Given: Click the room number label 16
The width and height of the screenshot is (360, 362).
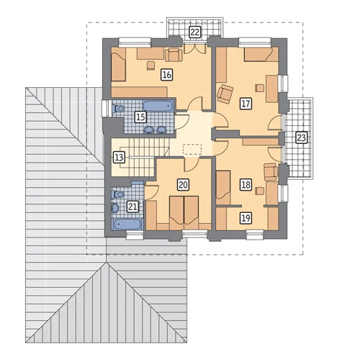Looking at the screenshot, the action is [167, 75].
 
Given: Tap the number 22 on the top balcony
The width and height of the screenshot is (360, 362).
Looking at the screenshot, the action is [194, 32].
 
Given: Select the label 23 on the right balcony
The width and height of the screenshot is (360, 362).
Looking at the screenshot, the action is [302, 137].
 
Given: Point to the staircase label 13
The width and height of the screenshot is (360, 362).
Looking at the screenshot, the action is [119, 158].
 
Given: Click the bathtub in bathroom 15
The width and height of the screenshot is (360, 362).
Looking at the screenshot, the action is [158, 107].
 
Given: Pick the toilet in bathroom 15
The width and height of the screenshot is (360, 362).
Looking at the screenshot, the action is [119, 109].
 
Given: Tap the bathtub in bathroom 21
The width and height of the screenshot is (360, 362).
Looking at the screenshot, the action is [127, 225].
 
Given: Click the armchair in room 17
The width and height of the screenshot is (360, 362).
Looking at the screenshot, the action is [225, 94].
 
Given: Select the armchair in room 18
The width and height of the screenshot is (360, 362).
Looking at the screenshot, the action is [271, 171].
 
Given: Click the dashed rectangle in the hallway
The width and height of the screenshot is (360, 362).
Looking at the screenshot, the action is [192, 149].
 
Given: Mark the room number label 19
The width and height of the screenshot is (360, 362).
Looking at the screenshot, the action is [246, 218].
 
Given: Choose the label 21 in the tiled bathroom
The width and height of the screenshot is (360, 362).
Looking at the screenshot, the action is [132, 207].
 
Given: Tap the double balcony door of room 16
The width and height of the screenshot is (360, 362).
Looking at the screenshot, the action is [194, 48].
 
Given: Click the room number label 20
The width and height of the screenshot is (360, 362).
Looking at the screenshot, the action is [183, 185].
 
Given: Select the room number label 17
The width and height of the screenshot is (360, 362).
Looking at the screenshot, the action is [246, 104].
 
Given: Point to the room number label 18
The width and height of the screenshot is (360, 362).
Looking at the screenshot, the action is [246, 185].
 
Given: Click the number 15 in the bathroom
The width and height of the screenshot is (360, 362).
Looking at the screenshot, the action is [140, 117].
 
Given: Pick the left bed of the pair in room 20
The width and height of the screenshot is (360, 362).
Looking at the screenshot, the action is [176, 213].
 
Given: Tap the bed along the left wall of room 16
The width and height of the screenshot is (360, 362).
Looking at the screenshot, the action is [119, 64].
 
